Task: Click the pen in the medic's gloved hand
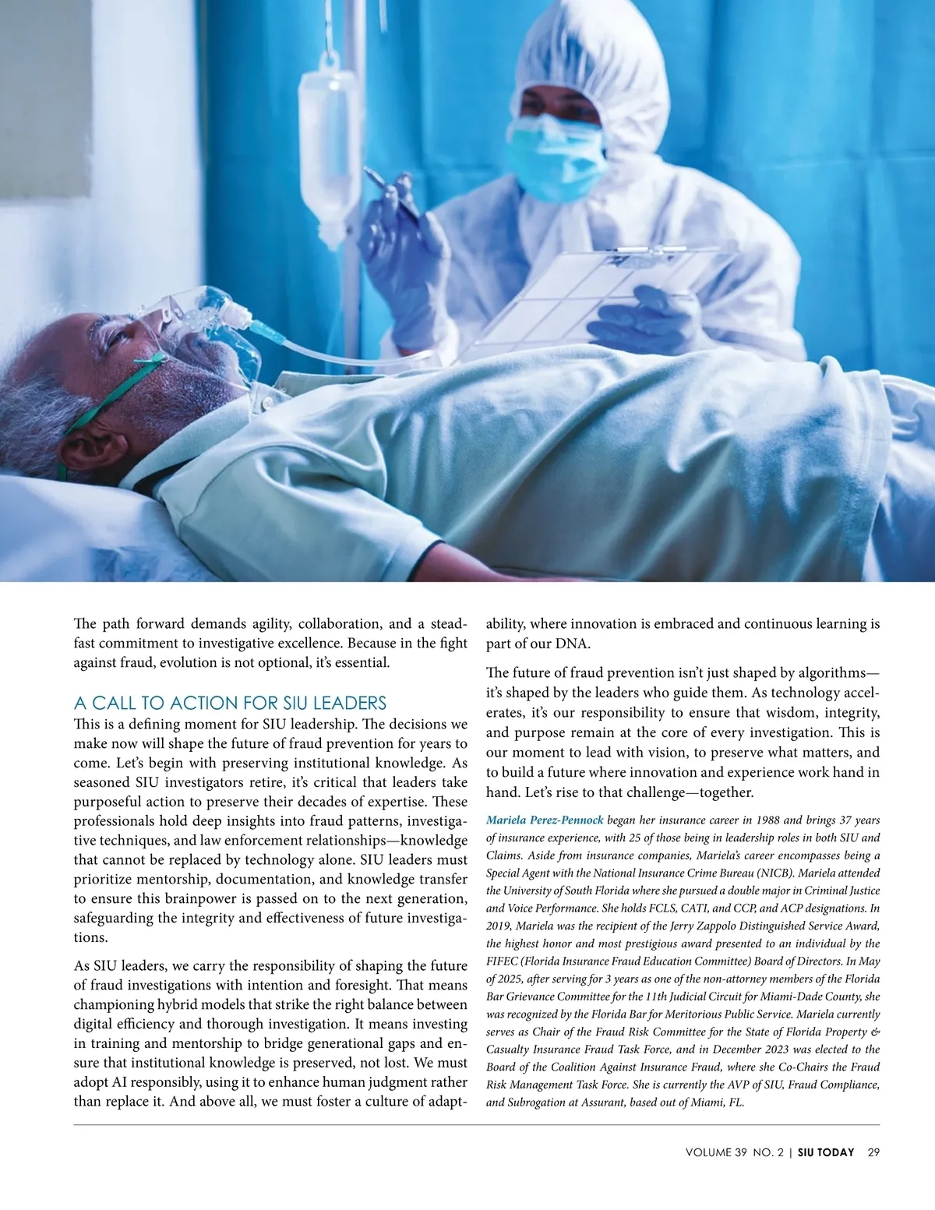388,189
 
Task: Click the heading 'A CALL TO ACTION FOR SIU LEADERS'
230,704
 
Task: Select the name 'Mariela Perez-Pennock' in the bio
545,820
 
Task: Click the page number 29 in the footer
873,1152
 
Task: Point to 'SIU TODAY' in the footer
826,1152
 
